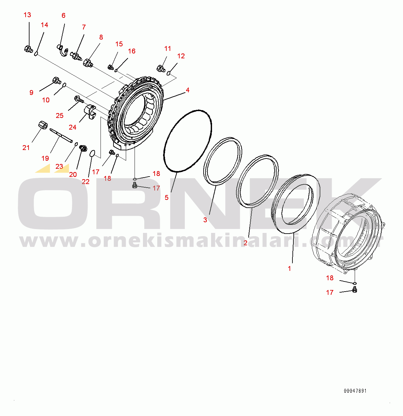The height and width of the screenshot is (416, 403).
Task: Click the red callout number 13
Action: pos(27,15)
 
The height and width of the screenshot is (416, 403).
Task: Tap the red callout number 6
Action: pos(64,16)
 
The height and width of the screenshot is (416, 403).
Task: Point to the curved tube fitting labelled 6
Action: pos(63,50)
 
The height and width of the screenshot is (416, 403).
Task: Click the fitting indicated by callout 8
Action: pos(88,63)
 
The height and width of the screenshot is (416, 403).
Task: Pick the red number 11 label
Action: pos(168,49)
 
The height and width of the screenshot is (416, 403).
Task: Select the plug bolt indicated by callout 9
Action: pos(57,80)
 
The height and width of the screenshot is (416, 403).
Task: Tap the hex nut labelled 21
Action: pos(43,125)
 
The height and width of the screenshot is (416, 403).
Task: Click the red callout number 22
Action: pos(86,182)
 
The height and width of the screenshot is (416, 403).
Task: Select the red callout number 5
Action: pos(166,198)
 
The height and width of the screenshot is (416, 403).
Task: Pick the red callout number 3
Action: pos(205,220)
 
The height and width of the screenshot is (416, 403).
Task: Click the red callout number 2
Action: pos(245,243)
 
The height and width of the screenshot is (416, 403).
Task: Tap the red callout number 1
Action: pos(290,269)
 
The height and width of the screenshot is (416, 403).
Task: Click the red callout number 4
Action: pos(188,90)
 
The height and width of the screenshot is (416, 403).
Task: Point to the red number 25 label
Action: pos(60,116)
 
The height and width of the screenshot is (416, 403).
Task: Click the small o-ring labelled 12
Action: pos(168,73)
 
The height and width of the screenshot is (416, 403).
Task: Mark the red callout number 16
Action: pos(132,51)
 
